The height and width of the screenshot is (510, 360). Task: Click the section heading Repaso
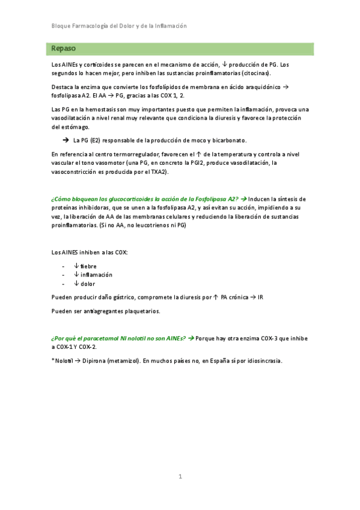[64, 48]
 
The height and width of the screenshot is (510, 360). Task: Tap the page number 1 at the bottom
[180, 476]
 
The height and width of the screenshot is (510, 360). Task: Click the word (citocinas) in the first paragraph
[255, 73]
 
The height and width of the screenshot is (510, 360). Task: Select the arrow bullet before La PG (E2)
[65, 140]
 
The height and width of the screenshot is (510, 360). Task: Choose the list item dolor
[88, 284]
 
